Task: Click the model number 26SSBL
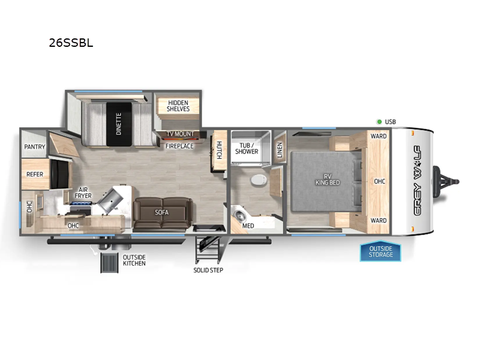pos(71,43)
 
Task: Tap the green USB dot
pos(379,122)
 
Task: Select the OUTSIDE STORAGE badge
pos(381,251)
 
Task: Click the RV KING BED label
pos(328,179)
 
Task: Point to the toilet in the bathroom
pos(257,179)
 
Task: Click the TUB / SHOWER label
pos(247,148)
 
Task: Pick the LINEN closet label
pos(279,149)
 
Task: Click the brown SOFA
pos(161,212)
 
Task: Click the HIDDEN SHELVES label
pos(178,106)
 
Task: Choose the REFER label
pos(34,175)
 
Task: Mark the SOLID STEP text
pos(208,270)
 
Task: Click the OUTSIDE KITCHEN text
pos(134,260)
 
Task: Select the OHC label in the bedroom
pos(379,181)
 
